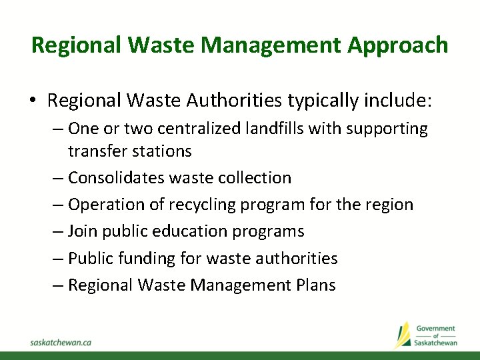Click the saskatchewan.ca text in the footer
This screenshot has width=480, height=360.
click(61, 342)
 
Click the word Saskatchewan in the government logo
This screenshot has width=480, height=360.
click(435, 342)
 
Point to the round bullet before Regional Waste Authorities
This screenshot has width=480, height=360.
click(33, 101)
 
